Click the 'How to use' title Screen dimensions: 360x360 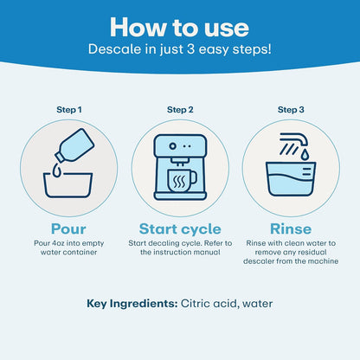click(179, 27)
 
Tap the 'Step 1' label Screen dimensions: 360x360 click(69, 110)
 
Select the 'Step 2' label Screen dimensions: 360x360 click(180, 110)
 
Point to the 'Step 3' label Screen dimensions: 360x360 click(291, 110)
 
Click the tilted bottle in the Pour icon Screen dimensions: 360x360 click(75, 145)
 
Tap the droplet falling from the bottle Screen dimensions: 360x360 click(57, 170)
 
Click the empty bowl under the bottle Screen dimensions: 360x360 click(67, 185)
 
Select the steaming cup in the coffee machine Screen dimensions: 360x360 click(181, 181)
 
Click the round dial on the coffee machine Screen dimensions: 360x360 click(172, 146)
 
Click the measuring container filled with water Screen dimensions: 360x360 click(291, 179)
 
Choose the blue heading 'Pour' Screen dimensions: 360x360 click(68, 229)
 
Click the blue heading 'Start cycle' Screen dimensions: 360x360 click(180, 229)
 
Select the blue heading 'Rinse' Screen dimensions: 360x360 click(291, 229)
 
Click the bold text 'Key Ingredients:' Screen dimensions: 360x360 click(132, 304)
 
